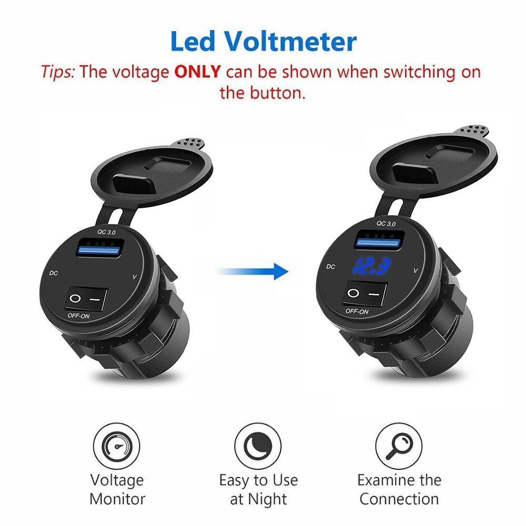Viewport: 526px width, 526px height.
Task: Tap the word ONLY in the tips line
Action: pos(197,72)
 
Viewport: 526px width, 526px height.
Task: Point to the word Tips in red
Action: pos(59,72)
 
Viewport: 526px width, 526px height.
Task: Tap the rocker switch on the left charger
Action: pos(86,299)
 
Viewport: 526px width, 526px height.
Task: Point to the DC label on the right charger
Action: pos(330,267)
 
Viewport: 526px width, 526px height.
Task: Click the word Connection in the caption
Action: pos(399,499)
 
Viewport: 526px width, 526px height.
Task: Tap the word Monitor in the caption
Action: pos(117,499)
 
